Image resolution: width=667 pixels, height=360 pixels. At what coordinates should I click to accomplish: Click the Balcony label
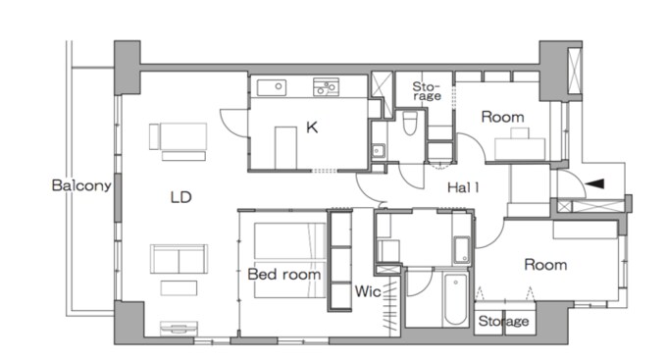pos(81,185)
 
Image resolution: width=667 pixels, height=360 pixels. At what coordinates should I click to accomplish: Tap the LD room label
pos(180,197)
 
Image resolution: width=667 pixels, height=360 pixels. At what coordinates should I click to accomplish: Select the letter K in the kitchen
pos(312,127)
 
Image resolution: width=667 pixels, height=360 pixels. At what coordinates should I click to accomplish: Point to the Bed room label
pos(284,274)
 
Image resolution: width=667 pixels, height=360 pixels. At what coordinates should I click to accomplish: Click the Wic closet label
pos(368,291)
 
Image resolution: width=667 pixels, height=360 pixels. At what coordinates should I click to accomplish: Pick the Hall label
pos(463,187)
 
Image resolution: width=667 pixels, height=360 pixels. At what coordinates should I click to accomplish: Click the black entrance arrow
pos(594,183)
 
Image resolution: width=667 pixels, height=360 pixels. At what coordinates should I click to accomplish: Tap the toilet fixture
pos(410,123)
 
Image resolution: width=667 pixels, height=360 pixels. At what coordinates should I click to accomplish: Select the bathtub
pos(455,299)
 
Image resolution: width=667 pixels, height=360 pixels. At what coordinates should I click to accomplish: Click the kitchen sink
pos(272,87)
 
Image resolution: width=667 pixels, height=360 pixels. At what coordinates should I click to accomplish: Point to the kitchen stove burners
pos(326,86)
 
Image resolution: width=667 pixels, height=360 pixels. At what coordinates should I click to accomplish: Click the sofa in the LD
pos(180,259)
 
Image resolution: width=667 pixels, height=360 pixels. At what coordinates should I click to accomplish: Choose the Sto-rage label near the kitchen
pos(427,91)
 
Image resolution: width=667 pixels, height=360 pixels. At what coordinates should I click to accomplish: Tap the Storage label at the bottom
pos(503,321)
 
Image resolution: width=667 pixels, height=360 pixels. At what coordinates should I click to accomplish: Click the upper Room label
pos(502,117)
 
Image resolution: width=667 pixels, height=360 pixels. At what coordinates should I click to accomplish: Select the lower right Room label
pos(545,265)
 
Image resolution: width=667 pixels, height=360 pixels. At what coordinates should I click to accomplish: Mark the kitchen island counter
pos(285,148)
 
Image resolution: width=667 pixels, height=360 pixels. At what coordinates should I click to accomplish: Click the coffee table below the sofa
pos(179,288)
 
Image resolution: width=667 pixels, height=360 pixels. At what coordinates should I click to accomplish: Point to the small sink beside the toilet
pos(379,150)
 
